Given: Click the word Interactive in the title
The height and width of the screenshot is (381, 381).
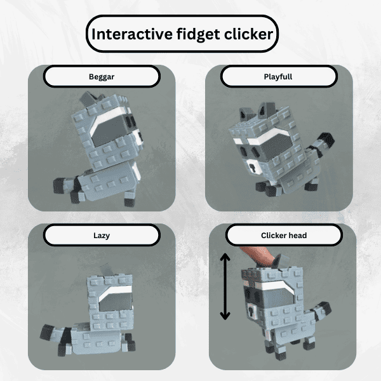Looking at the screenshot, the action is [132, 34].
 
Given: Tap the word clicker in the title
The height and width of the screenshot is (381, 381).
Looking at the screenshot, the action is [248, 34].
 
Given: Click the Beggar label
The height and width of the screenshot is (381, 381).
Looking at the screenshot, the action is [102, 77].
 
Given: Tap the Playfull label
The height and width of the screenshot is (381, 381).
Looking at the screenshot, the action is [278, 77].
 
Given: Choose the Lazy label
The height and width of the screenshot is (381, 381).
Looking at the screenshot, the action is [102, 236].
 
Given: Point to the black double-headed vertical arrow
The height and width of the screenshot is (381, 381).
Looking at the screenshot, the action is [225, 287].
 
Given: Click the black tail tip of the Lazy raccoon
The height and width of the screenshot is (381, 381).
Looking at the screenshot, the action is [46, 332].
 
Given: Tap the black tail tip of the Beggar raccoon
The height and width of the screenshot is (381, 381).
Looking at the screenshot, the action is [58, 185].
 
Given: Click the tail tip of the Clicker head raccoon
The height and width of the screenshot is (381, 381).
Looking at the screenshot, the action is [325, 307].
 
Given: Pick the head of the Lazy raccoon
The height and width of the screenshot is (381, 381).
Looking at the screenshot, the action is [110, 301].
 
